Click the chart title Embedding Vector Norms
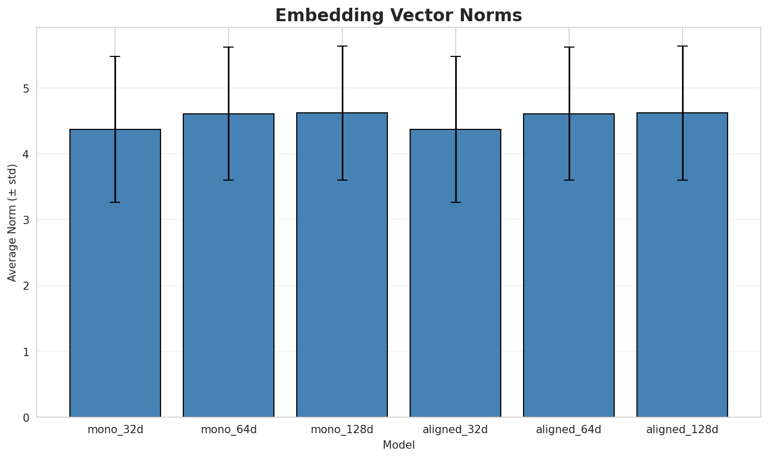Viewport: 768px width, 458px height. point(398,16)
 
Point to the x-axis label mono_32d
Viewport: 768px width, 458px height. point(115,430)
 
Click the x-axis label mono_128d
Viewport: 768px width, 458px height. point(342,430)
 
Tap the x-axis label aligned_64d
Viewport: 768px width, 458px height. point(569,430)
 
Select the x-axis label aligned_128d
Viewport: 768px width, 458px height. point(682,430)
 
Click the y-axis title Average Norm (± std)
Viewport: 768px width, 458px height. point(12,223)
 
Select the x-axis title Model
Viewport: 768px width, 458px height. point(398,445)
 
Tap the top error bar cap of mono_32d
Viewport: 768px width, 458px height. point(115,56)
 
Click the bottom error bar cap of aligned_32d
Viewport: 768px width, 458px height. point(455,202)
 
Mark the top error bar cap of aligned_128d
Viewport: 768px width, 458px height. point(682,46)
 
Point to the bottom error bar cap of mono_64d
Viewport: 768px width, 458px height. point(228,180)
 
